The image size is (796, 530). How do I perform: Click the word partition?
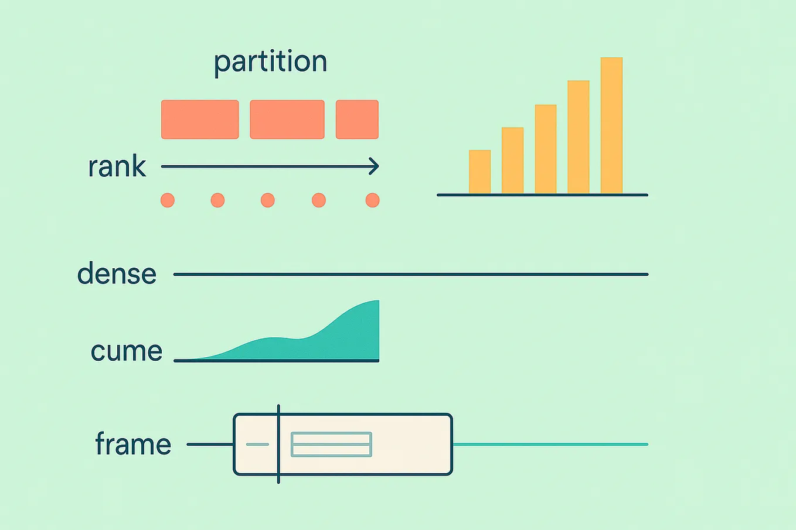coord(270,62)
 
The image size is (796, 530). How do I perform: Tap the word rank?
coord(117,167)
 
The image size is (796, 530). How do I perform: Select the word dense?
coord(117,274)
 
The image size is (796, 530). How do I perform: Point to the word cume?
coord(126,351)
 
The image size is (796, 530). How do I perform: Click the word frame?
coord(133,444)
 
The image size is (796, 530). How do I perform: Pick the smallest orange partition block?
coord(357,119)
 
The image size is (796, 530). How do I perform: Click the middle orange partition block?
coord(287,119)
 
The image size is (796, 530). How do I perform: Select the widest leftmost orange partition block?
coord(200,119)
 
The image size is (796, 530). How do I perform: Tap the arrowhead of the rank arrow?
coord(374,166)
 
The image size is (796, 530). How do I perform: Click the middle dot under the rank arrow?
coord(268,200)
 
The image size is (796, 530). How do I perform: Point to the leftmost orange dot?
coord(168,200)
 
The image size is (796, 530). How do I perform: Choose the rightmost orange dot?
coord(372,200)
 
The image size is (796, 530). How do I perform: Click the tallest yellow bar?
coord(611,125)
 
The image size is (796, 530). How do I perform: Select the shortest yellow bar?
coord(479,172)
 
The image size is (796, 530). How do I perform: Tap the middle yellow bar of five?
coord(546,149)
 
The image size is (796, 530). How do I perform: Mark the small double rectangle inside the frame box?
coord(331,444)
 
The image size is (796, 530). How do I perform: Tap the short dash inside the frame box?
coord(257,444)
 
